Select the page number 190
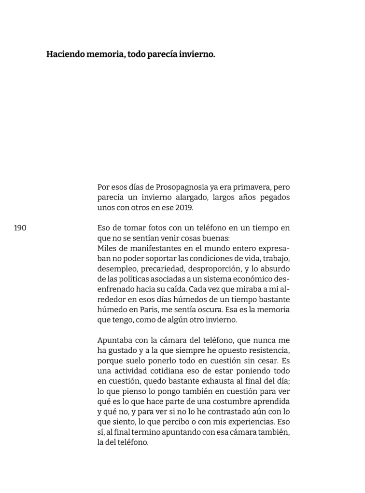pyautogui.click(x=20, y=228)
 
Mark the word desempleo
pyautogui.click(x=116, y=268)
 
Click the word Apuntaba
pyautogui.click(x=114, y=339)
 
